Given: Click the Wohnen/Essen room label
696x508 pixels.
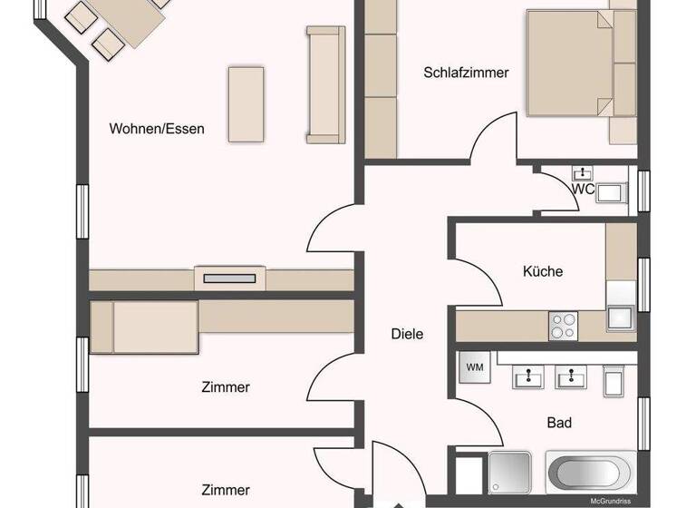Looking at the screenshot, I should point(157,129).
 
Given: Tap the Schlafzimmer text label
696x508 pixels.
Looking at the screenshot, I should point(466,73).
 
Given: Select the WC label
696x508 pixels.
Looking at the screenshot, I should point(583,190).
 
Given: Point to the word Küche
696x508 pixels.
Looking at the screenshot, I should point(543,271).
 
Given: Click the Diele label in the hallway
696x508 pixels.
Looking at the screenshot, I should point(407,334).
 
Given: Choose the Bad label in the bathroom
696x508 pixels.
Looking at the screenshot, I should point(559,422).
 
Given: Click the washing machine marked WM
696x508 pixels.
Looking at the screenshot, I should point(475,367).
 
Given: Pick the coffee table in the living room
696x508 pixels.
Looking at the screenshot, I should point(245,103).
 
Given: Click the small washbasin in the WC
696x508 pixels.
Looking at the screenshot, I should point(582,172).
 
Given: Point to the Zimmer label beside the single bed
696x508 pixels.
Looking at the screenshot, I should point(225,387).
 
